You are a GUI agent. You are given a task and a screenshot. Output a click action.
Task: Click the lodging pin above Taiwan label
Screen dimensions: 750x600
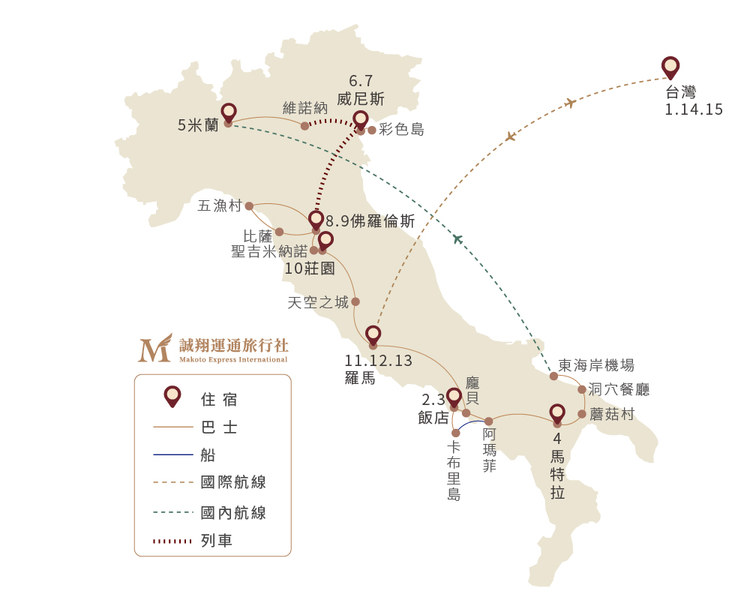pos(670,67)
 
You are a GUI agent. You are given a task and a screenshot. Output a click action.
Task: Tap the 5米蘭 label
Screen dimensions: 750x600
pos(198,125)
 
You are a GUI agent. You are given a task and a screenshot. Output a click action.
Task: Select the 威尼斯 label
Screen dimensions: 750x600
pos(361,99)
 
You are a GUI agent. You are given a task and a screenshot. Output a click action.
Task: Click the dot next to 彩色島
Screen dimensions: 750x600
pos(372,130)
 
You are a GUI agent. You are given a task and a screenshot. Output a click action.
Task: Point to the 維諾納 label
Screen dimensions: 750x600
pos(305,108)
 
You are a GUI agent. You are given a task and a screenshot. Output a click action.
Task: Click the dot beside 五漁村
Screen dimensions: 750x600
pos(249,206)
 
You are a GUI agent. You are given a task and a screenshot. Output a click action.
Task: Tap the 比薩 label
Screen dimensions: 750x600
pos(258,236)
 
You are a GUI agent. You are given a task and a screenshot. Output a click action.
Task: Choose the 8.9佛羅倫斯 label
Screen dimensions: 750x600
pos(370,221)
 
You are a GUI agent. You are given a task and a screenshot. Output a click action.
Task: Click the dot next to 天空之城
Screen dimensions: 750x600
pos(355,301)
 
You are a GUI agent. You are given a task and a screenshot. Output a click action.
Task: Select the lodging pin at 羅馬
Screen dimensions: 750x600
pos(373,335)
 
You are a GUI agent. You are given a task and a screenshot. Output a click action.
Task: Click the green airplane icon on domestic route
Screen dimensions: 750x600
pos(457,238)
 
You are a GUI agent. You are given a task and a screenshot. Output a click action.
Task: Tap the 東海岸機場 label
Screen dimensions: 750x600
pos(596,365)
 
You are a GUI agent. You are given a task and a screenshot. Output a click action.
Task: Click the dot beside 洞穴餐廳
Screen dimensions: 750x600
pos(582,389)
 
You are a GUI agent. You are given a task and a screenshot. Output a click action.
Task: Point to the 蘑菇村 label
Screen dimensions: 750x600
pos(612,414)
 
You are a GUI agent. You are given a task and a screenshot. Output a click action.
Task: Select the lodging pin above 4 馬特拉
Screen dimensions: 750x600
pos(557,413)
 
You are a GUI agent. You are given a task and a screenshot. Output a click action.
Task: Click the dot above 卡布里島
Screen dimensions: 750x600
pos(456,433)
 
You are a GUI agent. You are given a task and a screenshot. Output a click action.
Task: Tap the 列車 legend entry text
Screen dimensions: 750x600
pos(217,541)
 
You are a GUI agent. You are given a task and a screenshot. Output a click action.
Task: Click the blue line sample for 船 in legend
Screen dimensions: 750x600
pos(173,454)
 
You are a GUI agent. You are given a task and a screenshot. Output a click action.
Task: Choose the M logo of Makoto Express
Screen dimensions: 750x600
pos(155,348)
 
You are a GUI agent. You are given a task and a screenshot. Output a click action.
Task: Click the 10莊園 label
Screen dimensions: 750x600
pos(310,268)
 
